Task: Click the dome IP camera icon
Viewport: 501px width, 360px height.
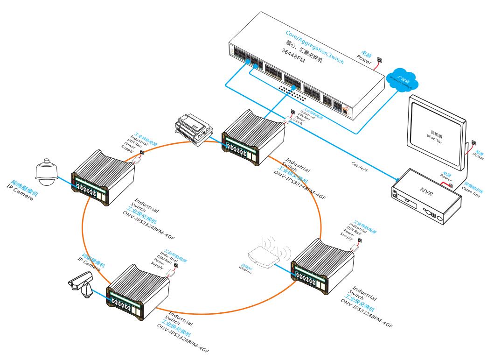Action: click(46, 170)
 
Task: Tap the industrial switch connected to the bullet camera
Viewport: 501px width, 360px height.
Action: click(138, 291)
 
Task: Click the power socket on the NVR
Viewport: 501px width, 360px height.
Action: click(451, 185)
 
